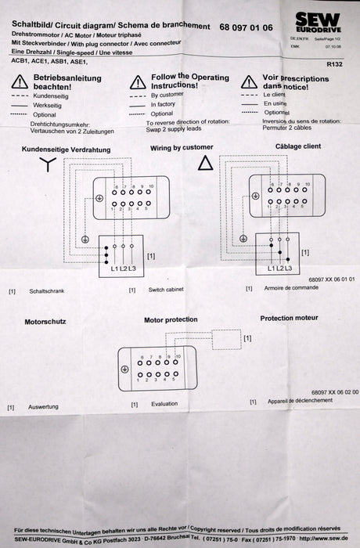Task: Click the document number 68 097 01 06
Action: (x=247, y=27)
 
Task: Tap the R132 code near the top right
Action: (x=334, y=66)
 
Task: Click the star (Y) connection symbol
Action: (x=49, y=164)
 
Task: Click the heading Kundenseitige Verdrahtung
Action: (x=65, y=149)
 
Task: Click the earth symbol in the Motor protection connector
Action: (x=124, y=370)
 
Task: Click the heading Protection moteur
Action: (x=289, y=318)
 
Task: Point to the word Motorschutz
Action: (x=45, y=321)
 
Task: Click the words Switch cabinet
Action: (x=166, y=290)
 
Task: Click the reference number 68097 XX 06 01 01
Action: (x=332, y=279)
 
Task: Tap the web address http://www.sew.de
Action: (x=322, y=538)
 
